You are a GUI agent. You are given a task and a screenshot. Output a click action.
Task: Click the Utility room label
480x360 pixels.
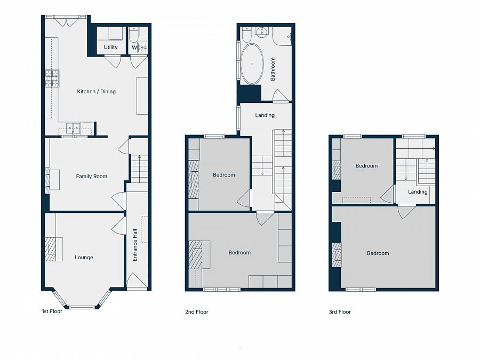click(110, 47)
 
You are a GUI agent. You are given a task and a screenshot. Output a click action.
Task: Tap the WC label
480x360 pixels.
click(136, 47)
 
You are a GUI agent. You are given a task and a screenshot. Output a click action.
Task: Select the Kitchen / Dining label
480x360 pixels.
click(96, 91)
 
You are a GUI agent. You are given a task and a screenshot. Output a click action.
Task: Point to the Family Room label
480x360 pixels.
click(92, 176)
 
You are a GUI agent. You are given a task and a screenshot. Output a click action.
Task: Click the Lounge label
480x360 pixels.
click(84, 258)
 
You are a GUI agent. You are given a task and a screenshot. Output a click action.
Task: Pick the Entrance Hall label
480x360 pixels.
click(135, 245)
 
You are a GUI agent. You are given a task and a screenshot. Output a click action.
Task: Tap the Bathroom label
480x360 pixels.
click(273, 69)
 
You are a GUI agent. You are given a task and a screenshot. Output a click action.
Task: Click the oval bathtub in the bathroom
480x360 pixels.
click(252, 63)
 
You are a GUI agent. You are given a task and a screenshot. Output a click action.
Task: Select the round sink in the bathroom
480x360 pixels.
click(262, 32)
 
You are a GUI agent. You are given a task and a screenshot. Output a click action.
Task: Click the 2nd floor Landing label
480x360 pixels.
click(265, 115)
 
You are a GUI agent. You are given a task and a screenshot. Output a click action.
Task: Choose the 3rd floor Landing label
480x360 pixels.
click(418, 191)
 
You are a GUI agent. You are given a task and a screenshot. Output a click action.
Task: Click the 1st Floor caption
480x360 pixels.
click(52, 311)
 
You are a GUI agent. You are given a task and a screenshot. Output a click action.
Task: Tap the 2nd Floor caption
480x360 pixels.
click(196, 312)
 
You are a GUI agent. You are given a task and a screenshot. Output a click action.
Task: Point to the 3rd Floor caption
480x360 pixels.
click(340, 312)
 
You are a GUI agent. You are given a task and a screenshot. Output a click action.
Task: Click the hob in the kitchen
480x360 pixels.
click(52, 78)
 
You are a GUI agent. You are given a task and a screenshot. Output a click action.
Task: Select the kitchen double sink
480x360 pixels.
click(74, 128)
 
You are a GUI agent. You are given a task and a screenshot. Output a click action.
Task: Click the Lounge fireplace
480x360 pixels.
click(54, 249)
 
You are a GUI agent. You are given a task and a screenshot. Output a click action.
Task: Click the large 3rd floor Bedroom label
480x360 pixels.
click(378, 253)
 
